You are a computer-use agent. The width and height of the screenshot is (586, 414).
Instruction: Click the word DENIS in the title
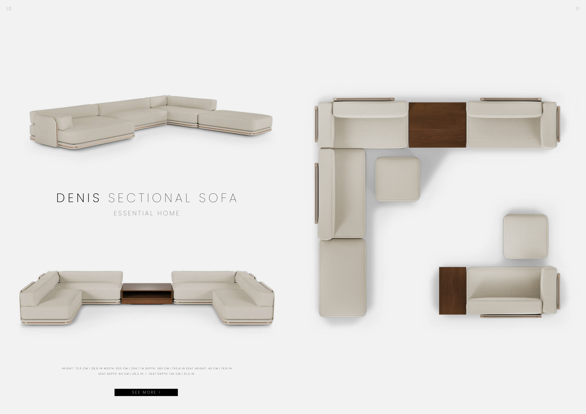pos(78,198)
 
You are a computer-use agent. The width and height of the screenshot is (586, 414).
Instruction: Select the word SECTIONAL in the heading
pos(150,198)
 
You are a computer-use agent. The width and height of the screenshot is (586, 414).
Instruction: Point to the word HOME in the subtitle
pos(169,213)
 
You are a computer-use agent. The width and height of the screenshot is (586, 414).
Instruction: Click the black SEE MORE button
pos(146,392)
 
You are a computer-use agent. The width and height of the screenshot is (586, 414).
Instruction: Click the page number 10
pos(9,9)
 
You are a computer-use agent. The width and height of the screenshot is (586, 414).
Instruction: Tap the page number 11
pos(578,9)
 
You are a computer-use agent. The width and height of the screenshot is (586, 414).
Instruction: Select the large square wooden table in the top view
pos(437,125)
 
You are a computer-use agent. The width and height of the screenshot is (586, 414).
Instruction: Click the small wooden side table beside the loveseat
pos(453,291)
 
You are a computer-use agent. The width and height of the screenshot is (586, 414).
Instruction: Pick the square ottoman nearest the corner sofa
pos(398,179)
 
